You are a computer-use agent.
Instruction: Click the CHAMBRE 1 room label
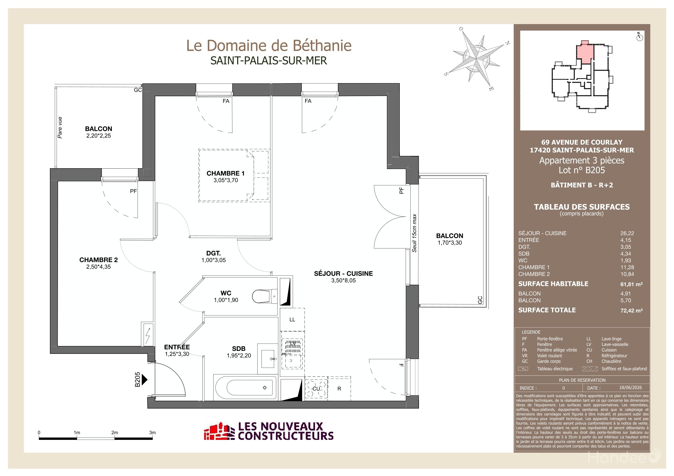[x=225, y=173]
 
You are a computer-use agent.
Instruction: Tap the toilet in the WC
[x=264, y=296]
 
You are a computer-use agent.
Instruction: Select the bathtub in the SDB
[x=245, y=388]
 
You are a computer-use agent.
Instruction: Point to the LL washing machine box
[x=292, y=319]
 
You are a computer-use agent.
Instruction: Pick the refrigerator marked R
[x=339, y=389]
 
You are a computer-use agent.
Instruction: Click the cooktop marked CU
[x=316, y=389]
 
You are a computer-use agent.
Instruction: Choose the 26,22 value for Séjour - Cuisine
[x=627, y=233]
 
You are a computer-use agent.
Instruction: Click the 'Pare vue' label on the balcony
[x=60, y=128]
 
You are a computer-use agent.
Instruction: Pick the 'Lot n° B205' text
[x=581, y=170]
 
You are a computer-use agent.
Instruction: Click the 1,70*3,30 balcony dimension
[x=449, y=242]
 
